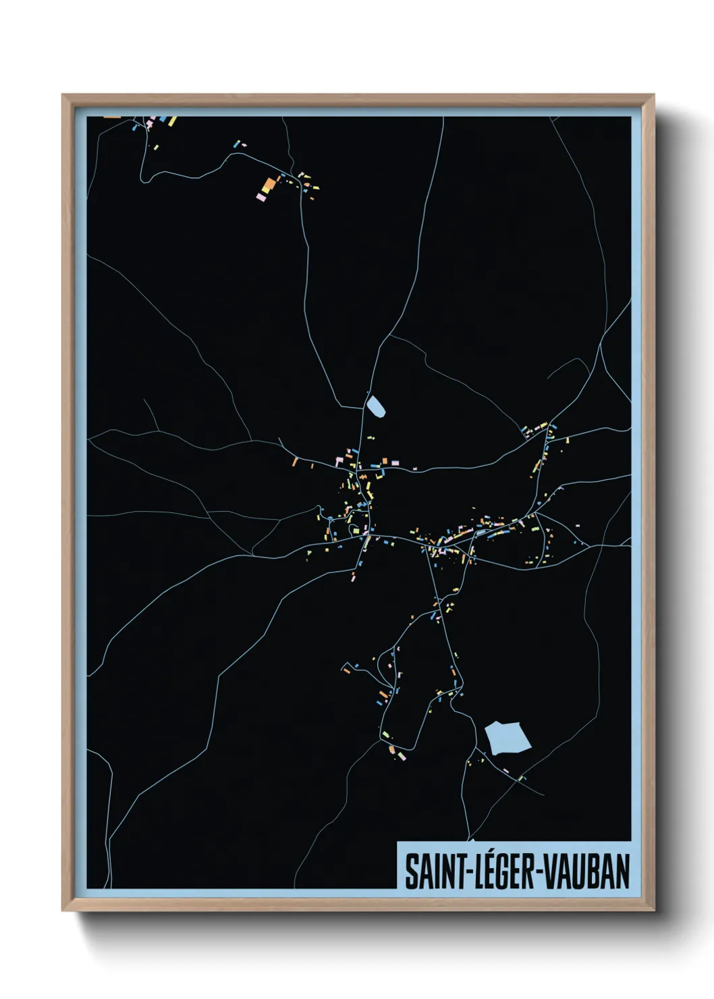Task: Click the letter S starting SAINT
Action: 410,871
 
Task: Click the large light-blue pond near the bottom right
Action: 507,737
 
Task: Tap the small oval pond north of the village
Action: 375,407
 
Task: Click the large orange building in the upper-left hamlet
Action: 268,184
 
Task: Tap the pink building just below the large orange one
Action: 260,197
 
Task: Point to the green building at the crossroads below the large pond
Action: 520,778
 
